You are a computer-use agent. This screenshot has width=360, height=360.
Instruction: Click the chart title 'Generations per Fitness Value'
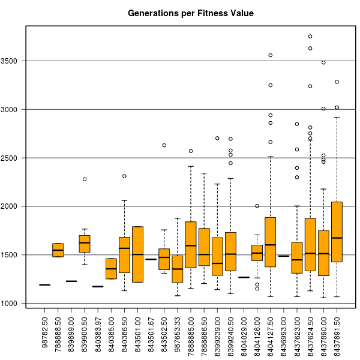click(191, 13)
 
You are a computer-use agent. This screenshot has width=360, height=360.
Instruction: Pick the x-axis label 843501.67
click(151, 331)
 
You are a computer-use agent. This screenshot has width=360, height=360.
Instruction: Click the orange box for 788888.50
click(58, 250)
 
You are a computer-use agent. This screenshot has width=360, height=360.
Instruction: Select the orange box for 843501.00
click(138, 254)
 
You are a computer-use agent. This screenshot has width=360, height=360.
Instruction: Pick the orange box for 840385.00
click(112, 268)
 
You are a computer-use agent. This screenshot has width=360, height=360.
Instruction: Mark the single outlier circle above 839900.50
click(85, 179)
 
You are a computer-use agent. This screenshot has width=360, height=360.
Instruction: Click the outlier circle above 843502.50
click(164, 145)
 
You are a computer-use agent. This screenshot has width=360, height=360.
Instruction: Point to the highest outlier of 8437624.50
click(310, 36)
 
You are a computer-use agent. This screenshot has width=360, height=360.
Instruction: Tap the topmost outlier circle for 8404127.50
click(271, 55)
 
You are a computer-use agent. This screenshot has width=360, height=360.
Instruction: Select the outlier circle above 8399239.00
click(217, 138)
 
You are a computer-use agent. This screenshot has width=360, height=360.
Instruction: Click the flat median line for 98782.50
click(45, 285)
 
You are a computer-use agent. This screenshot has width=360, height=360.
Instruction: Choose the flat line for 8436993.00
click(284, 273)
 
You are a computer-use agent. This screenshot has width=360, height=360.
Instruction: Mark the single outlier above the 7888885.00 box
click(191, 151)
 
